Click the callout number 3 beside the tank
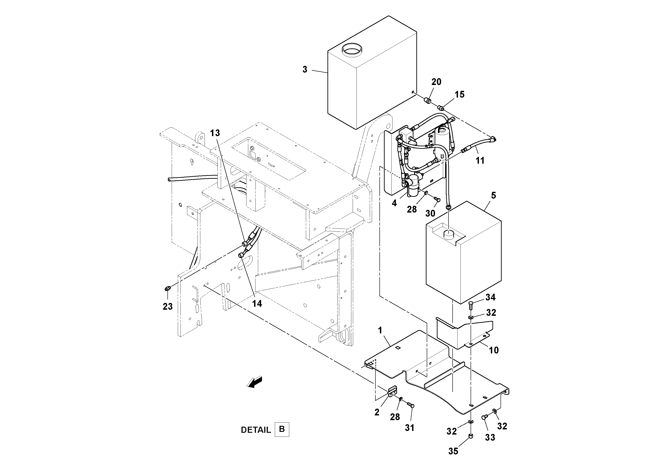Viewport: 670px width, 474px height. [x=305, y=70]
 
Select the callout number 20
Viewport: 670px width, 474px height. [x=436, y=82]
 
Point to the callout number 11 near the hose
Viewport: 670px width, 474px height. [x=480, y=160]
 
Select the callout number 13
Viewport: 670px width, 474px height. [x=215, y=133]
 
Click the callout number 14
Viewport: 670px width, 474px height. [x=257, y=304]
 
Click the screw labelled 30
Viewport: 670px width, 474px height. [x=437, y=199]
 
